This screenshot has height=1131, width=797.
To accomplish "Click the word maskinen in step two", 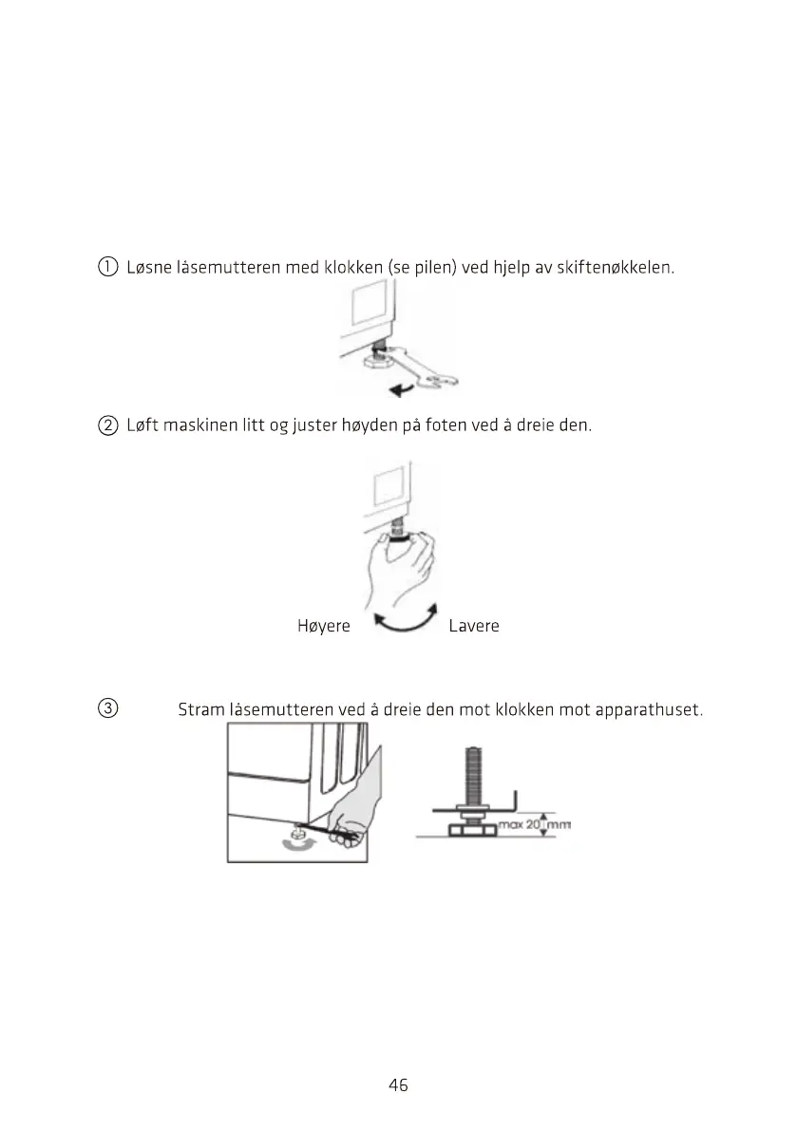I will (201, 424).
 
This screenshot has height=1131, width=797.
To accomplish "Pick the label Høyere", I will (324, 626).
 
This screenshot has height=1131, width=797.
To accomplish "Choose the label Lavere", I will (473, 626).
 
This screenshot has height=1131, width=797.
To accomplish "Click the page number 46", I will (398, 1084).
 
